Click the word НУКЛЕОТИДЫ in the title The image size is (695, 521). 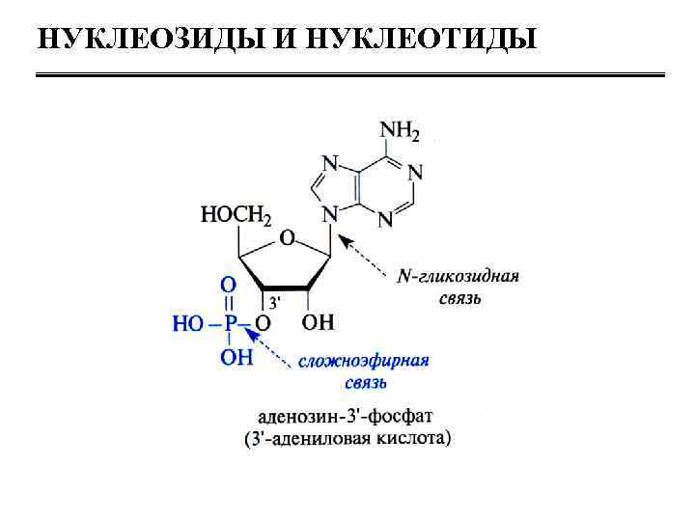421,39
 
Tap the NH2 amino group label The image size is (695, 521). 400,130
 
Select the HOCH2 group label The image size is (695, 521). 236,214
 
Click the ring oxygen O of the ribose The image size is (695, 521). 286,236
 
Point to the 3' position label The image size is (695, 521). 274,301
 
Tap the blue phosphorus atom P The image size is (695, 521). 230,324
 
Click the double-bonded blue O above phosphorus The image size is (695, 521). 229,286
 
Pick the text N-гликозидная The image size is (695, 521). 459,277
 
